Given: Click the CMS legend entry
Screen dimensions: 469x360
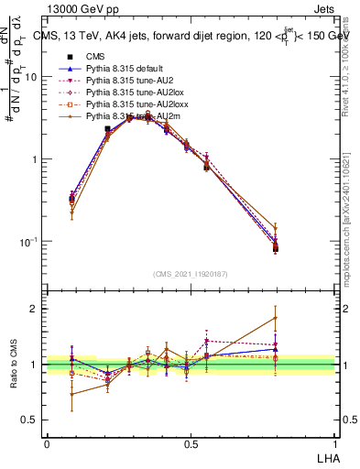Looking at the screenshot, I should point(96,57).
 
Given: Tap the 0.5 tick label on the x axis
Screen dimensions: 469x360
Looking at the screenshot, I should point(191,442).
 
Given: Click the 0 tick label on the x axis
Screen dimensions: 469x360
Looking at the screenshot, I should point(47,442).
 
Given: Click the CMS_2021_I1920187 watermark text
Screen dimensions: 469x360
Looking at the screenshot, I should point(191,274).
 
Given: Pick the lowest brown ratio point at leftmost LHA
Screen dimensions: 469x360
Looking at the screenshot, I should point(72,395).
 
